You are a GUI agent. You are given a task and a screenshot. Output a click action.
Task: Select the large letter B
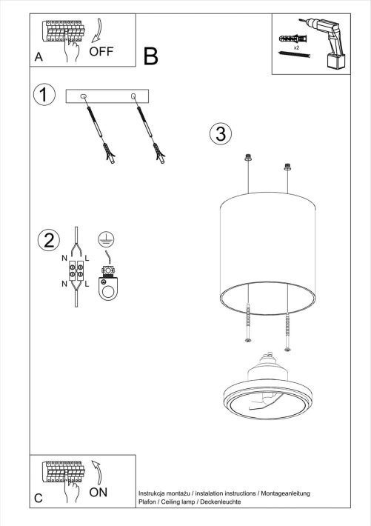click(151, 56)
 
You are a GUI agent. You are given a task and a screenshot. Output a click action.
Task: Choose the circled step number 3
click(220, 133)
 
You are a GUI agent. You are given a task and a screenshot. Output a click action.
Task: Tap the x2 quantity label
click(296, 47)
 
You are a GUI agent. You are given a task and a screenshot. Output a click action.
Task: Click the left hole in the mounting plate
click(83, 96)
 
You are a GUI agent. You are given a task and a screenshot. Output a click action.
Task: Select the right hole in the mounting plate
click(133, 96)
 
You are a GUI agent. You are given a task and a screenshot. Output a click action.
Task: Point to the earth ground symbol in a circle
click(104, 239)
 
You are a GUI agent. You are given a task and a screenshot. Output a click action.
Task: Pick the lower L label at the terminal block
click(87, 284)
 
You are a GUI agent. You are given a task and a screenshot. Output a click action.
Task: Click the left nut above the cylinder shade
click(248, 157)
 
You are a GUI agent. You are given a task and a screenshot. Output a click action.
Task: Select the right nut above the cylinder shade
click(287, 167)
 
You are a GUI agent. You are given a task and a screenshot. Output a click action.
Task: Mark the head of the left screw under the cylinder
click(248, 340)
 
